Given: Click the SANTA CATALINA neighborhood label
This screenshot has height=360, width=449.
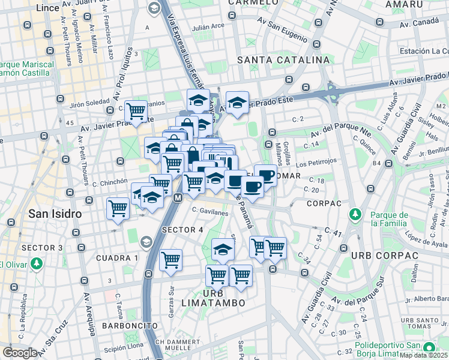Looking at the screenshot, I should [x=283, y=60].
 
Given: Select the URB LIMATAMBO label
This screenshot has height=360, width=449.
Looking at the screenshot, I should [x=215, y=298].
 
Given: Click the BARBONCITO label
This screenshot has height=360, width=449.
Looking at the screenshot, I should [x=129, y=325].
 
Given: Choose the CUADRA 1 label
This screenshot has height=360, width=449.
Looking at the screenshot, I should [x=117, y=258].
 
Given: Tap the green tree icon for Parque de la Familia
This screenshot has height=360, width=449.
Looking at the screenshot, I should [x=355, y=214].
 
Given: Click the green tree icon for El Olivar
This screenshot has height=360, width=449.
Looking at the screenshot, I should [x=37, y=264].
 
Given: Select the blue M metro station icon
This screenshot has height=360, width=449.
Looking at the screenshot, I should [x=178, y=197].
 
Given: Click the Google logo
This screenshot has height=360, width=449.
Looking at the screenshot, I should [x=20, y=353].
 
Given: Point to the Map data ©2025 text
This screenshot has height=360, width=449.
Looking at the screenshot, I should [x=424, y=355].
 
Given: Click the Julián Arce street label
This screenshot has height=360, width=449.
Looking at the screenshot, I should [x=208, y=27].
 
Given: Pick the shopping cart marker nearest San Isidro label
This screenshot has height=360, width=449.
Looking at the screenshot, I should [x=118, y=209].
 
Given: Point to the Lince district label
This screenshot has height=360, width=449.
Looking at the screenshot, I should [x=47, y=8].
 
